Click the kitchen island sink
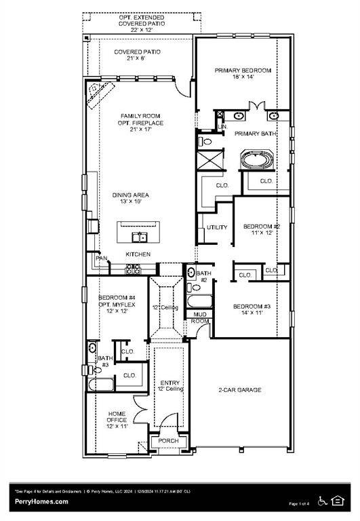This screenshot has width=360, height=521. [x=140, y=237]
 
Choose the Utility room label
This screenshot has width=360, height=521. [x=216, y=227]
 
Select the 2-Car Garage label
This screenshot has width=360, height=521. [x=239, y=390]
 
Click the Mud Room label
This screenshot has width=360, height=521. [x=199, y=317]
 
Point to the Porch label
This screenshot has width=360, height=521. [x=168, y=441]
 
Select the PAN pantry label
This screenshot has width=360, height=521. [x=101, y=258]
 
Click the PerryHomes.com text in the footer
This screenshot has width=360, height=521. [x=41, y=501]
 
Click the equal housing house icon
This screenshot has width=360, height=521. [x=339, y=501]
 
